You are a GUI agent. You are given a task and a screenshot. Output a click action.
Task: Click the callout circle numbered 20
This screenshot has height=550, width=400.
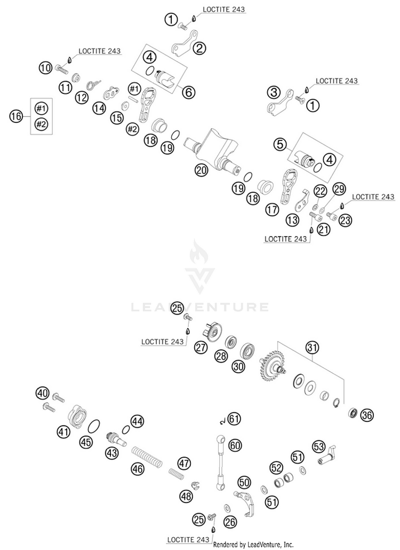[x=201, y=170]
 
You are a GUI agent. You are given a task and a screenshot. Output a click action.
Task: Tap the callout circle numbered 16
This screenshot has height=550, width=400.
[x=17, y=115]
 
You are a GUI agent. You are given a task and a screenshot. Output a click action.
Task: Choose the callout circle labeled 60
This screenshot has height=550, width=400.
[x=235, y=444]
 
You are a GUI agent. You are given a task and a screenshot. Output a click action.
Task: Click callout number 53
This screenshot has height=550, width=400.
[x=319, y=445]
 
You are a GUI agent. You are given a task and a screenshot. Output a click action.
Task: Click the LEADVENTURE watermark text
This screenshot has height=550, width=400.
[x=199, y=307]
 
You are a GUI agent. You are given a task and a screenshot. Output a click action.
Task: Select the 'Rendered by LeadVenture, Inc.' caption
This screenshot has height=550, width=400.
[x=253, y=545]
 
